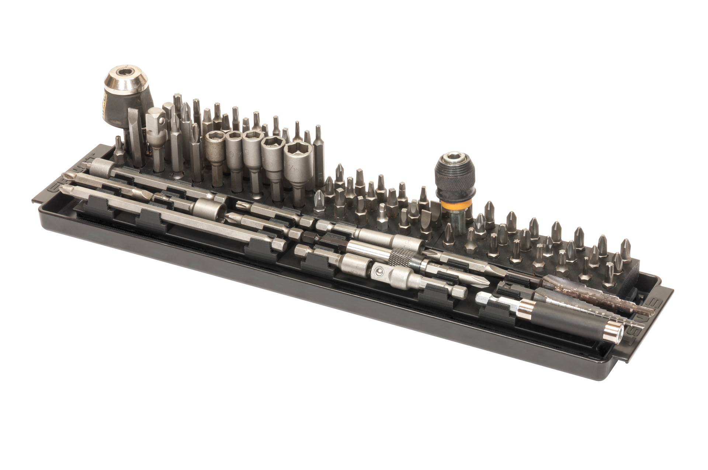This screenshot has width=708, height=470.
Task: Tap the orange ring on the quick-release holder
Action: pos(454,205)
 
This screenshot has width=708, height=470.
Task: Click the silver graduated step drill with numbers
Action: pos(575,302)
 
